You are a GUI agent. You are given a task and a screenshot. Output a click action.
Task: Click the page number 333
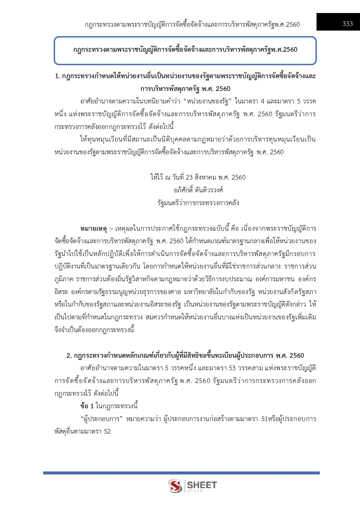pyautogui.click(x=348, y=24)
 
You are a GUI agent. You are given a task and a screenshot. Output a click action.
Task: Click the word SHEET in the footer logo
pyautogui.click(x=202, y=485)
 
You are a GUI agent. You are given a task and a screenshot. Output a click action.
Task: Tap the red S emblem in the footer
pyautogui.click(x=175, y=486)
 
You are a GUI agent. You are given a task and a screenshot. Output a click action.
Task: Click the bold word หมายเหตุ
pyautogui.click(x=93, y=229)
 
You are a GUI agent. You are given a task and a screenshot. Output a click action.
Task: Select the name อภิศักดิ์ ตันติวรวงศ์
pyautogui.click(x=198, y=190)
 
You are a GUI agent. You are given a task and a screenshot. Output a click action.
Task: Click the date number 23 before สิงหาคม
pyautogui.click(x=189, y=177)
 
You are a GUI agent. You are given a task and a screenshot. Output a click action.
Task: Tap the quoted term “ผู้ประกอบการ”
pyautogui.click(x=101, y=419)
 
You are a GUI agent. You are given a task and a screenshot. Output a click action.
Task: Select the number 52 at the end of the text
pyautogui.click(x=107, y=432)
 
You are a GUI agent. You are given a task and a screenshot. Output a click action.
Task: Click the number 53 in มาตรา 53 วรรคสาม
pyautogui.click(x=232, y=368)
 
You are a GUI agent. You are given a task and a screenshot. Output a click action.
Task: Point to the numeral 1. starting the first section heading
pyautogui.click(x=57, y=76)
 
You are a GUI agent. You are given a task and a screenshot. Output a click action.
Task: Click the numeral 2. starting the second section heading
pyautogui.click(x=69, y=356)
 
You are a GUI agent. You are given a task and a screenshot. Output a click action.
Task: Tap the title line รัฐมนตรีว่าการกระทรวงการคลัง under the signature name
pyautogui.click(x=198, y=203)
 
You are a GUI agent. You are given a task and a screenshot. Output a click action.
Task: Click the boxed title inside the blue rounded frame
pyautogui.click(x=185, y=50)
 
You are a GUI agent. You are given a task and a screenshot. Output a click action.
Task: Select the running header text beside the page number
pyautogui.click(x=192, y=25)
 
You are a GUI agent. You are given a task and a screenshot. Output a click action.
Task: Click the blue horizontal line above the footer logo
pyautogui.click(x=181, y=473)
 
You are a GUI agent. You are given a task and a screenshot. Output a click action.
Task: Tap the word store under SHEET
pyautogui.click(x=195, y=491)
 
